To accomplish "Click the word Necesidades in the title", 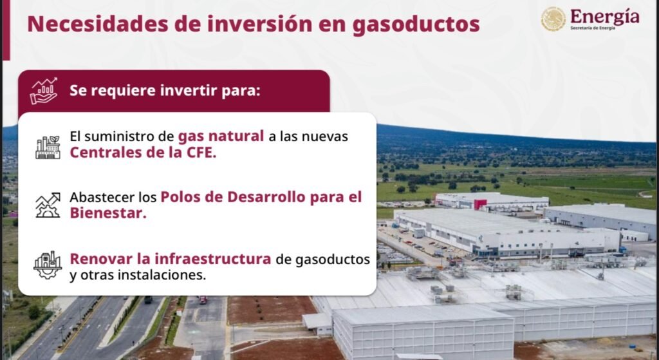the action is [x=98, y=24].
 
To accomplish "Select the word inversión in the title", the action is [x=259, y=24].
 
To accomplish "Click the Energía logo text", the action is [x=605, y=17].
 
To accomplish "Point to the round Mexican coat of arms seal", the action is [x=553, y=19].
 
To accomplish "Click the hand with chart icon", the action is [x=44, y=91].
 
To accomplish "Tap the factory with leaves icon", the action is [x=48, y=147].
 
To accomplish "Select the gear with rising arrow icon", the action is [x=48, y=205].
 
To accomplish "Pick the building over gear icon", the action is [x=48, y=265].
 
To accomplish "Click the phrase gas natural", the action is [x=221, y=137].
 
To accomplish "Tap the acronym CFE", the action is [x=201, y=152].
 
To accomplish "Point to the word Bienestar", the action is [x=108, y=213].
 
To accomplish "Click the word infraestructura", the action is [x=213, y=259].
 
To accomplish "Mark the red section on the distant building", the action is [x=480, y=204].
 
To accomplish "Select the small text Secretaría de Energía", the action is [x=593, y=28].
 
